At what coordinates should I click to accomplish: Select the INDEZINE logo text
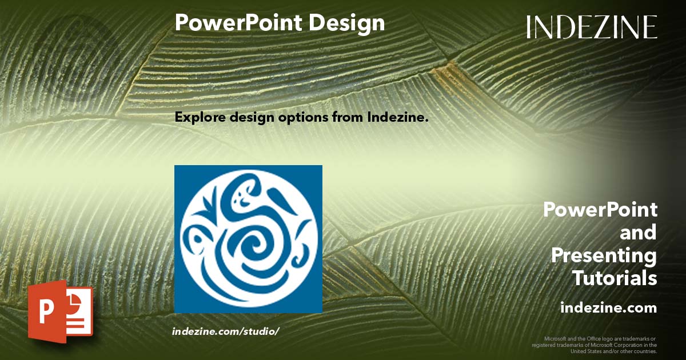[x=592, y=27]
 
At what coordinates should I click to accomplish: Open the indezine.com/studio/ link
[x=225, y=331]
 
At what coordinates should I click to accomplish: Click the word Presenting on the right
[x=604, y=255]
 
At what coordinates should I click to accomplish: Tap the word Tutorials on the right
[x=615, y=278]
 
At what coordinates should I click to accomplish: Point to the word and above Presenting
[x=639, y=233]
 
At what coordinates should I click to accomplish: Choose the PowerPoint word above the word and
[x=600, y=210]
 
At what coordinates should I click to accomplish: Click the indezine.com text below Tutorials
[x=608, y=308]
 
